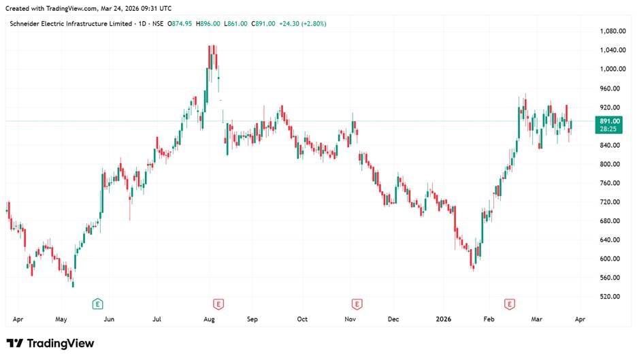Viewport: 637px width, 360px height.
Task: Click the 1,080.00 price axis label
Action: [612, 31]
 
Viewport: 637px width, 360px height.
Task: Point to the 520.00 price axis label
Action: [610, 297]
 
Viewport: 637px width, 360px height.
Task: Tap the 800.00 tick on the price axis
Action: [610, 164]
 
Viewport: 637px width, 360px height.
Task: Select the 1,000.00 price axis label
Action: [612, 69]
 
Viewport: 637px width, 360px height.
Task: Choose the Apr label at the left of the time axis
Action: [18, 318]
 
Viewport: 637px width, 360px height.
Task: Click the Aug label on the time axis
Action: [210, 318]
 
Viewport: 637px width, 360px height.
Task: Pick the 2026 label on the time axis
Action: [443, 318]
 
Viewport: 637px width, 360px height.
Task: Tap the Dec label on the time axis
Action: [393, 318]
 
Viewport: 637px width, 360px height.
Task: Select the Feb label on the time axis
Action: [488, 318]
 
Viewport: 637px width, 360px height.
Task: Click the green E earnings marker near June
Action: [98, 304]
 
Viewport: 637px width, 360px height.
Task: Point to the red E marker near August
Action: [218, 304]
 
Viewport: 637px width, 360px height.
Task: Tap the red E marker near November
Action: [356, 304]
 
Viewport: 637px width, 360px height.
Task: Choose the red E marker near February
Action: [508, 304]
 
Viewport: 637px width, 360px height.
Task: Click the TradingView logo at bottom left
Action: [50, 344]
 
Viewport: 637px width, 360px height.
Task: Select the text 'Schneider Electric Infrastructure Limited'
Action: [70, 24]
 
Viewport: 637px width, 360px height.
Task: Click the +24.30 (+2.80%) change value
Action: [301, 24]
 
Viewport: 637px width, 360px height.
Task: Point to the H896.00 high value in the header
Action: [208, 24]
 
